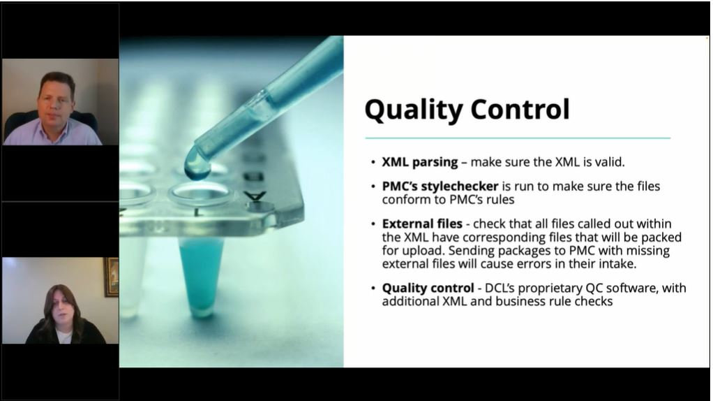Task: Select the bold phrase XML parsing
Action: point(420,162)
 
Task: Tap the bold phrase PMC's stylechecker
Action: point(440,187)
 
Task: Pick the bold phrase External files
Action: point(422,224)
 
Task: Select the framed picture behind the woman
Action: point(111,277)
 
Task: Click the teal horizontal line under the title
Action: point(517,138)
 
